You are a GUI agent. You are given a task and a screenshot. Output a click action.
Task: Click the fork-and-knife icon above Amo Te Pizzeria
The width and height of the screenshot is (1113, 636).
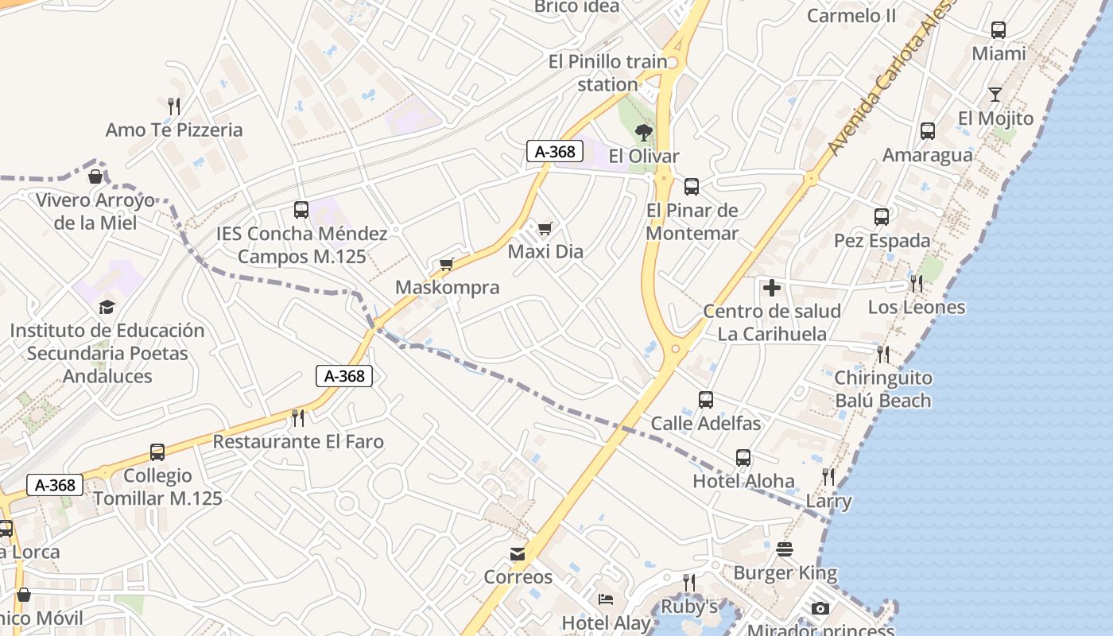[173, 105]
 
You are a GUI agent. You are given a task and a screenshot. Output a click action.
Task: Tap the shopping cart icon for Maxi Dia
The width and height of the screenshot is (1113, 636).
[545, 229]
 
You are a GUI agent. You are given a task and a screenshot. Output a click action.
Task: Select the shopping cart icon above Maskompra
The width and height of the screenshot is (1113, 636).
[446, 265]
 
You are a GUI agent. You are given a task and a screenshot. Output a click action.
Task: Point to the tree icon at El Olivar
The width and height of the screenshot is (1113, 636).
[644, 132]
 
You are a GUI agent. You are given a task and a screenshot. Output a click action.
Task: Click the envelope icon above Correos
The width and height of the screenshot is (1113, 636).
[518, 553]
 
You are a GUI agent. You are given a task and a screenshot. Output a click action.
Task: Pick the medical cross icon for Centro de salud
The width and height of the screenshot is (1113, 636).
[771, 288]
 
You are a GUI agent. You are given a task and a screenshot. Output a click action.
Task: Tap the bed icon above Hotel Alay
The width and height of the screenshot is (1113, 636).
[606, 599]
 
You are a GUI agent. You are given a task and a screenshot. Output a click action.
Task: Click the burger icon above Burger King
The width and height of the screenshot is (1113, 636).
[785, 549]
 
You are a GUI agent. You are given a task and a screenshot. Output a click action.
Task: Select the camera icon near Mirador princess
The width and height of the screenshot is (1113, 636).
[820, 609]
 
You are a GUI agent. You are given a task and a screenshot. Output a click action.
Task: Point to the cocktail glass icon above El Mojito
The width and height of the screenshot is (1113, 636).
[995, 95]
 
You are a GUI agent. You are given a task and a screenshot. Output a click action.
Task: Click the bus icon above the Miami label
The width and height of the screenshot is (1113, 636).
[999, 30]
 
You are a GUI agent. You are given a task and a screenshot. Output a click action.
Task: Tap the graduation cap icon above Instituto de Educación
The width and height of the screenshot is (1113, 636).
[107, 307]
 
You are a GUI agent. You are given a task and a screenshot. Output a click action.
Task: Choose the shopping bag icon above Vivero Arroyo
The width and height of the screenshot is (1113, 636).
[95, 176]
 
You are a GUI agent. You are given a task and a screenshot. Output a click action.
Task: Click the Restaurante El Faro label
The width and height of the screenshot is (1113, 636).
[298, 441]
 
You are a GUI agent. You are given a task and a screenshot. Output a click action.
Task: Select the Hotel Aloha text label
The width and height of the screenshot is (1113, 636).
[743, 481]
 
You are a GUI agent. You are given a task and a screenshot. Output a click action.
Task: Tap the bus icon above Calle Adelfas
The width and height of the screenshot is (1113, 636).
[705, 400]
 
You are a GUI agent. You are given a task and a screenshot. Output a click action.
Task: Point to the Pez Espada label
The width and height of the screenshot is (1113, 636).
[882, 240]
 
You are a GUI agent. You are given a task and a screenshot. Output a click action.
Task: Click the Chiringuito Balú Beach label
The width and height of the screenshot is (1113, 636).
[883, 389]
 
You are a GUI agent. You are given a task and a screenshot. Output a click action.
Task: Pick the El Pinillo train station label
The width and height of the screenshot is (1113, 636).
[608, 72]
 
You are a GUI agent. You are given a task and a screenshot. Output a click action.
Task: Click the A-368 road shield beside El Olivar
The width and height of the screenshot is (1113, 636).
[555, 151]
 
